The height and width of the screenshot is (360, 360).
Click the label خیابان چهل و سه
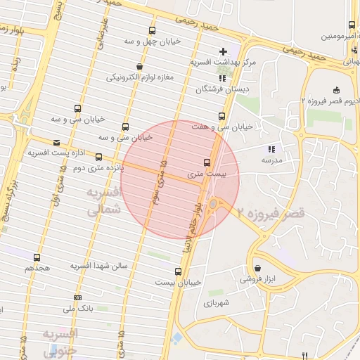pyautogui.click(x=153, y=41)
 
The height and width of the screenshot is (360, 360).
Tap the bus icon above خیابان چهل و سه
pyautogui.click(x=153, y=30)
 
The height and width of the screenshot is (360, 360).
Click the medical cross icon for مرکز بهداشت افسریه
pyautogui.click(x=224, y=51)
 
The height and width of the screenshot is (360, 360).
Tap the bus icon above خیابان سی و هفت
pyautogui.click(x=221, y=116)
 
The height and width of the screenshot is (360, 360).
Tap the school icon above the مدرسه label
pyautogui.click(x=271, y=149)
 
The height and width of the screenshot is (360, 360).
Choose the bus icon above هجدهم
pyautogui.click(x=37, y=257)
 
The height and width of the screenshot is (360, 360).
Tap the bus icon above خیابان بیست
pyautogui.click(x=178, y=271)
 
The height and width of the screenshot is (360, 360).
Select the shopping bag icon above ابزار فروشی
pyautogui.click(x=258, y=269)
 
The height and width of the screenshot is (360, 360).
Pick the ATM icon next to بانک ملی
pyautogui.click(x=77, y=297)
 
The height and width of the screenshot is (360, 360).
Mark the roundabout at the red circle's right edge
pyautogui.click(x=214, y=204)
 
